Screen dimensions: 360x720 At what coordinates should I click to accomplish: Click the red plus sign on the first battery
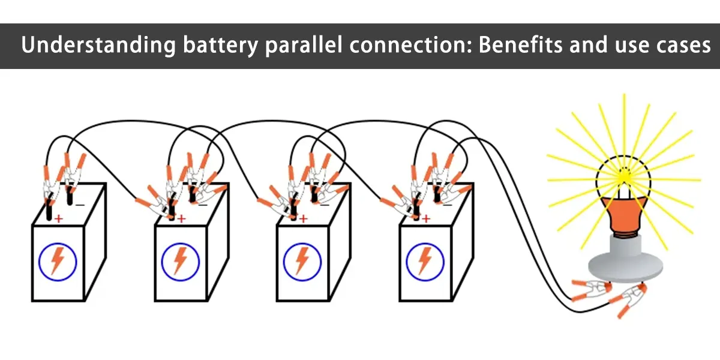tap(58, 220)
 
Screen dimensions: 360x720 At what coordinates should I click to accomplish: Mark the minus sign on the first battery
tap(80, 204)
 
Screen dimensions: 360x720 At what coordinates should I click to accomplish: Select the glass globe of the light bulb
tap(623, 174)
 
